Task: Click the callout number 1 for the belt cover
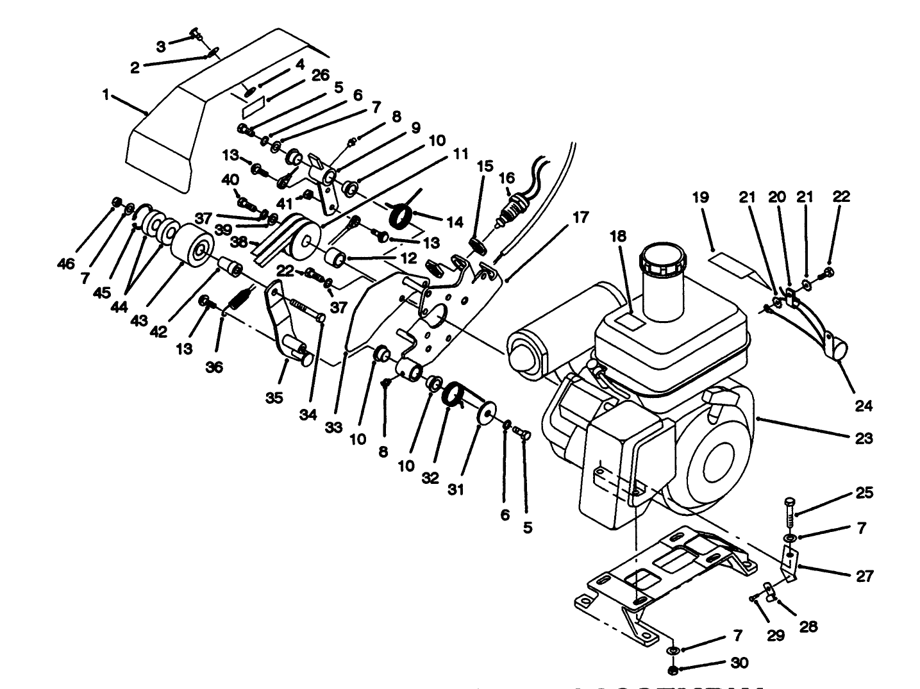105,95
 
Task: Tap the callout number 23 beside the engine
864,438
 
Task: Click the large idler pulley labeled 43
192,245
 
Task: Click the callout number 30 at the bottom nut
739,663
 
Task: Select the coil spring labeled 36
238,299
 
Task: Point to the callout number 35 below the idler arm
274,398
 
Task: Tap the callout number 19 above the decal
701,197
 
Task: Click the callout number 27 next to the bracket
864,576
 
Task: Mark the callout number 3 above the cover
160,46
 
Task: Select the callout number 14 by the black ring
455,222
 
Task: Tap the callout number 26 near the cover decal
321,76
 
